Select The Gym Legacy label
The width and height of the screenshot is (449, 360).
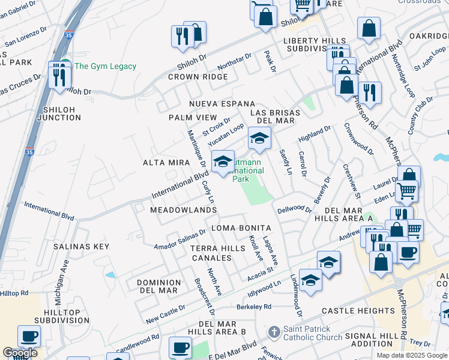[105, 67]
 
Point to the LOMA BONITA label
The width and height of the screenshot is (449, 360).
[239, 229]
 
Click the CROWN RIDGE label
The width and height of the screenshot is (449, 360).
[198, 77]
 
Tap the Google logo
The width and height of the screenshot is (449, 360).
[20, 353]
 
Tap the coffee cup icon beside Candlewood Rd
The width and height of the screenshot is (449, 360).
[180, 347]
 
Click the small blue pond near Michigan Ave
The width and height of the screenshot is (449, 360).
[110, 275]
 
